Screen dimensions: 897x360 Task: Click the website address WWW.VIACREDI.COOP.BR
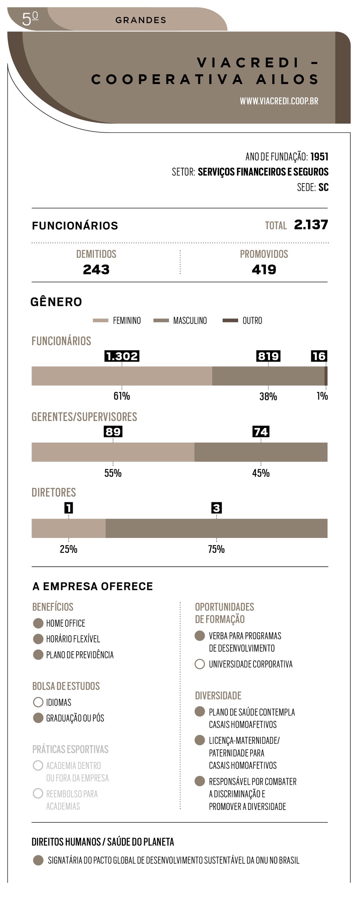279,101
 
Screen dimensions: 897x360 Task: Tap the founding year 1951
319,157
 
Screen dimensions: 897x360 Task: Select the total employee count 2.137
311,225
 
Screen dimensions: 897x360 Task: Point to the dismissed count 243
96,270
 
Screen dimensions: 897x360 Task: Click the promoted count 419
264,270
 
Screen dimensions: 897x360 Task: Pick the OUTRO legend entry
242,321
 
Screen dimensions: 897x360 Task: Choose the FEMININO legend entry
117,321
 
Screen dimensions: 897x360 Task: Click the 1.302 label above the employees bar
122,356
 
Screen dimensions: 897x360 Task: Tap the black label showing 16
319,356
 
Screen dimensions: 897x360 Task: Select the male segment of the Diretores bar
216,528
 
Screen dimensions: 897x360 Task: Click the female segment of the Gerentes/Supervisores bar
113,452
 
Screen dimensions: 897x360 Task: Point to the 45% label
261,473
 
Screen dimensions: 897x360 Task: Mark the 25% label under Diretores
68,549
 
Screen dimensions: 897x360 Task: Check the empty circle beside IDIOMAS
38,702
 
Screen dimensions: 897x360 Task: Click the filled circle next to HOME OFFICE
38,623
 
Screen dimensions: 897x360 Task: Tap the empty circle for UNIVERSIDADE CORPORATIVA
200,664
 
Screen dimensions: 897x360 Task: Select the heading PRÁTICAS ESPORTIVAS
70,749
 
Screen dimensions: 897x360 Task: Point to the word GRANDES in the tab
140,20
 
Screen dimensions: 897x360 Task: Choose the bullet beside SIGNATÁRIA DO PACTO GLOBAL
38,860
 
